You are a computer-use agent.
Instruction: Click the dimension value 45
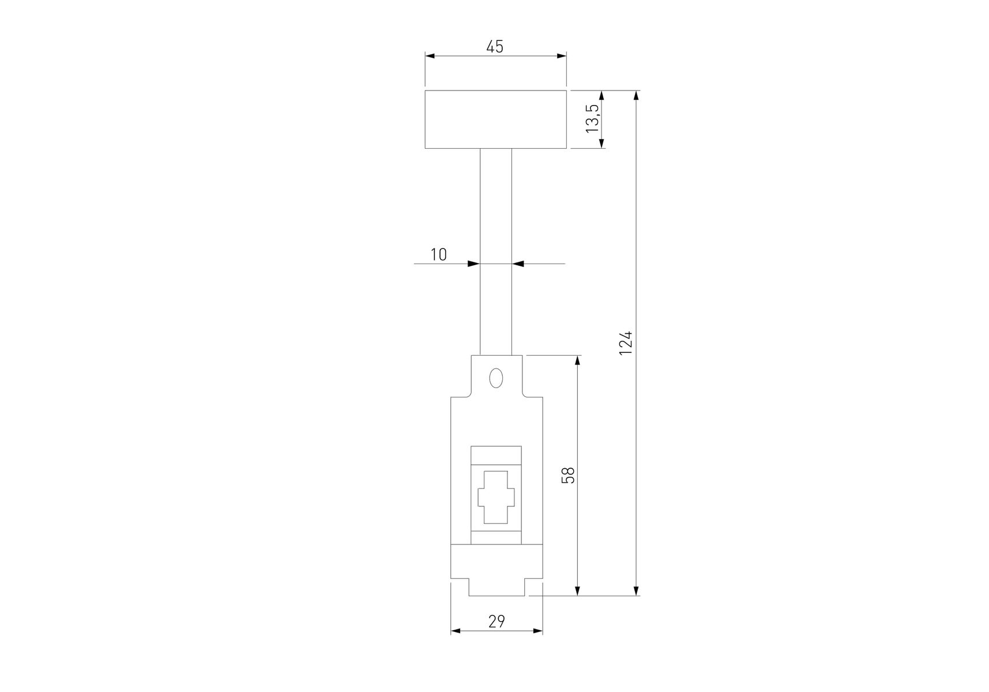click(x=495, y=47)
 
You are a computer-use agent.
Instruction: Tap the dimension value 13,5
click(x=593, y=118)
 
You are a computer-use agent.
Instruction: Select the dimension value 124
click(x=626, y=343)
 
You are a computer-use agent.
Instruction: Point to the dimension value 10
click(x=439, y=254)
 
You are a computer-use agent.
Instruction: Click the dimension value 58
click(x=569, y=475)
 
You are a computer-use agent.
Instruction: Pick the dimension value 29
click(x=497, y=621)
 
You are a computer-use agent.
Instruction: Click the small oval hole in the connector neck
click(x=495, y=378)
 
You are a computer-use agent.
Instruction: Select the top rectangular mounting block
click(x=496, y=119)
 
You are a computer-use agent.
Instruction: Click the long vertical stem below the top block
click(x=496, y=252)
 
